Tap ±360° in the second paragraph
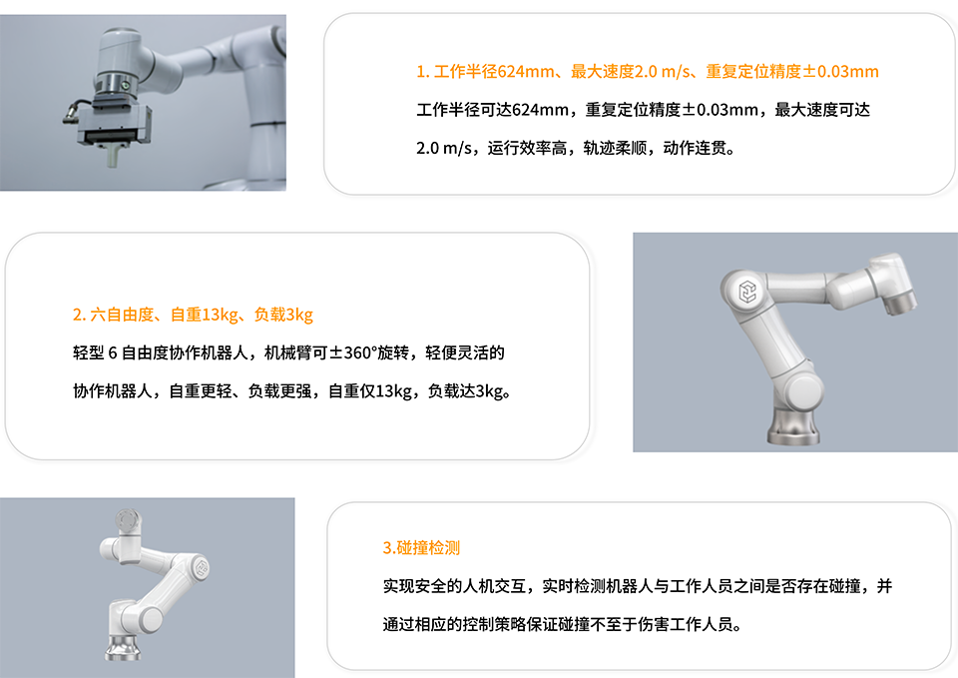(352, 352)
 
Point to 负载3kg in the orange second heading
(283, 315)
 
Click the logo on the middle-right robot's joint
(747, 292)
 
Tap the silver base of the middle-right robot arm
(792, 426)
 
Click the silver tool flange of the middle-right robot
(900, 303)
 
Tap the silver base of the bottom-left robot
(123, 647)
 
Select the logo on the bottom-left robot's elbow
(201, 568)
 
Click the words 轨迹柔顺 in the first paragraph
(615, 148)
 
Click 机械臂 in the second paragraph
(287, 352)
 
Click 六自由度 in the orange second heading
(122, 315)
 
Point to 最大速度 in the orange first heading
(603, 72)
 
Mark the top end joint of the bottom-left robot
(129, 521)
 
